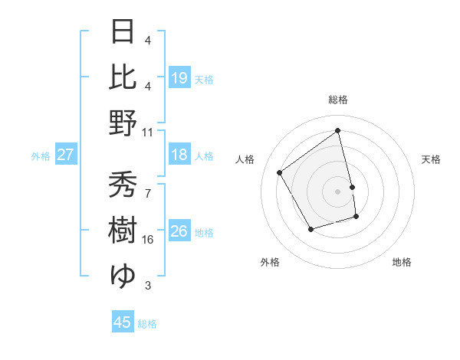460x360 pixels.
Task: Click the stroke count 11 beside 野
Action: tap(148, 132)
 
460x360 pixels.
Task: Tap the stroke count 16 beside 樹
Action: tap(148, 240)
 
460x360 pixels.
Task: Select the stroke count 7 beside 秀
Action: tap(148, 193)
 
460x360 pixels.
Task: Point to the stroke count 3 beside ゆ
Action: tap(148, 286)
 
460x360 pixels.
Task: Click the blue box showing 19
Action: tap(179, 77)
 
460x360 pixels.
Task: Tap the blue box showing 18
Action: tap(179, 155)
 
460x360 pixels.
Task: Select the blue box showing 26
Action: tap(179, 231)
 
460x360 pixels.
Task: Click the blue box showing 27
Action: tap(66, 155)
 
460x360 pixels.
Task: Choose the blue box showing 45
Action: tap(123, 322)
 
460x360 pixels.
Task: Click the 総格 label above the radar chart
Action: tap(337, 100)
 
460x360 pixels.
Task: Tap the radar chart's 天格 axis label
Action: tap(432, 159)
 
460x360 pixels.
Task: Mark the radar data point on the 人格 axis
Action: tap(280, 172)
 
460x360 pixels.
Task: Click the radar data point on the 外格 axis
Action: tap(310, 229)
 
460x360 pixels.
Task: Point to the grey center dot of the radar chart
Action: tap(337, 191)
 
